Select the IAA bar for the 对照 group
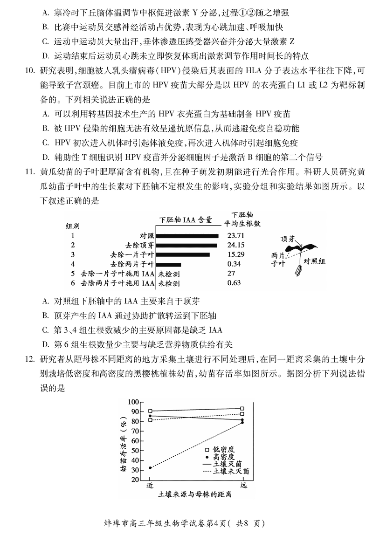188,236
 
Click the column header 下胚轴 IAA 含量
186,219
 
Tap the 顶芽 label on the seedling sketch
287,239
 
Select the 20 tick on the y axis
135,480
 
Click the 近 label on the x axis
150,486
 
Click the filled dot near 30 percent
150,468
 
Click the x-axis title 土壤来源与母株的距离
195,494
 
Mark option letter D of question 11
45,344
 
